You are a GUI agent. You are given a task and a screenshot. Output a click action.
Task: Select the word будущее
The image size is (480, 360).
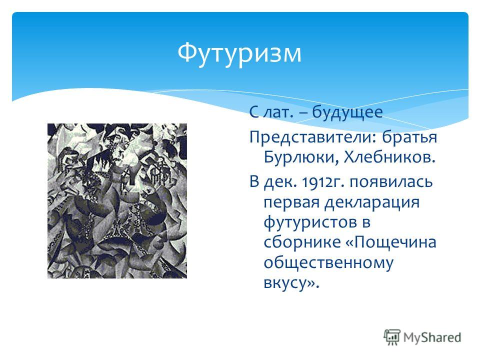[347, 113]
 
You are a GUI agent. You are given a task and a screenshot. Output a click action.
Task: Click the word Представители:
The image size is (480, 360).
[312, 138]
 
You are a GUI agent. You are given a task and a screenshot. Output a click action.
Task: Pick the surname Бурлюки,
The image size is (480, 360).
[301, 157]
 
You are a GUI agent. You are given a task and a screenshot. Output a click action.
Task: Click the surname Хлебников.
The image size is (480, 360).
[389, 157]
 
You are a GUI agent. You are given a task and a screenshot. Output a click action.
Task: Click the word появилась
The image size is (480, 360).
[391, 182]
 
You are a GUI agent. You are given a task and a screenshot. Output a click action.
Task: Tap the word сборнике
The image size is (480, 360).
[302, 242]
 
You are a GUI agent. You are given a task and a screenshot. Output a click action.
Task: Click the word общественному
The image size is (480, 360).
[328, 263]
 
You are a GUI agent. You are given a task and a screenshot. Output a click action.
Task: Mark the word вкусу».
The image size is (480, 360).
[291, 282]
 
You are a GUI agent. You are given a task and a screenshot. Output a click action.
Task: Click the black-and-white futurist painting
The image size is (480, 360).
[117, 201]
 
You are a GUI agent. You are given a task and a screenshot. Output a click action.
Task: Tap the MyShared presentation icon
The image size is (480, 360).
[392, 337]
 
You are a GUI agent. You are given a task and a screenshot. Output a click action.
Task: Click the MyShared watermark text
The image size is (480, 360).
[432, 338]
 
